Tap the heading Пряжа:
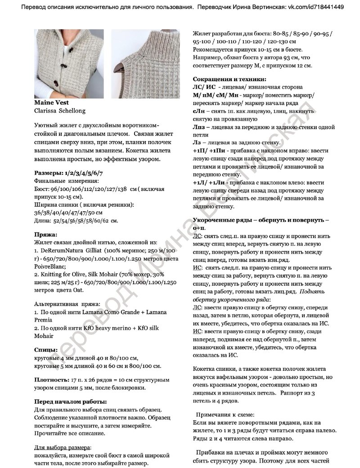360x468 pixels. (46, 234)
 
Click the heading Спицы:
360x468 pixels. (46, 350)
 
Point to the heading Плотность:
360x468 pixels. (51, 379)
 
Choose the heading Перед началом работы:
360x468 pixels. (71, 401)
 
